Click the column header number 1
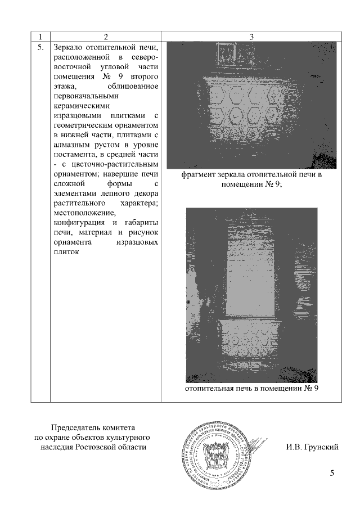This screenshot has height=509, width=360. pos(40,38)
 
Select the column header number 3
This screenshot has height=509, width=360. pos(251,38)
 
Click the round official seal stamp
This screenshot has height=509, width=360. pos(216,458)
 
